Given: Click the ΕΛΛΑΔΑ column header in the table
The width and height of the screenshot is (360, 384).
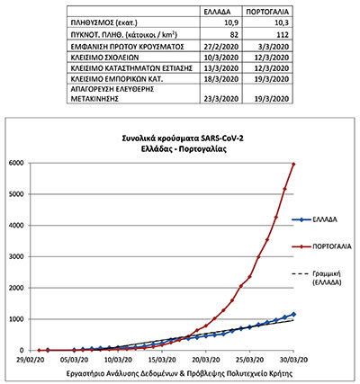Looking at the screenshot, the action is click(217, 12).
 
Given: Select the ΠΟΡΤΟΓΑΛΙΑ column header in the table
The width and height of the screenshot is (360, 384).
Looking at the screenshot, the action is click(267, 12).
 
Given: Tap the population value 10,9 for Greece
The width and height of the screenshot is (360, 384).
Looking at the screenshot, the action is click(231, 23).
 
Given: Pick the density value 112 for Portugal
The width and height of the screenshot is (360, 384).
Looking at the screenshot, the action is click(282, 35).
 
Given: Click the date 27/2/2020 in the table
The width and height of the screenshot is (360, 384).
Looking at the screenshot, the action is click(221, 47).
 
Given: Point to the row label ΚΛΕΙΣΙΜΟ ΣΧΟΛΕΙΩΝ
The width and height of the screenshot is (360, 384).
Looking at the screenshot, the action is click(104, 58).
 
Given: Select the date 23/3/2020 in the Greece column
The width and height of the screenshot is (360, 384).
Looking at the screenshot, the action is click(221, 99).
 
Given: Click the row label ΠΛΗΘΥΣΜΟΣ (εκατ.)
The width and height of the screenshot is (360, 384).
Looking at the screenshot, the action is click(104, 23).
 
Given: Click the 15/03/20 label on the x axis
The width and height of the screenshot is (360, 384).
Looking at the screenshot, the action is click(163, 359).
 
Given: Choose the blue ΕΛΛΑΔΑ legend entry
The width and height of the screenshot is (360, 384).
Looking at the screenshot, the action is click(315, 219).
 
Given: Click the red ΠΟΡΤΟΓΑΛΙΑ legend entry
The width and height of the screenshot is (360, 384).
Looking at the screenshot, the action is click(321, 246).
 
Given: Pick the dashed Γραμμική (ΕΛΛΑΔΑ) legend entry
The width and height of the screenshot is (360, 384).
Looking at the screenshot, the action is click(317, 278).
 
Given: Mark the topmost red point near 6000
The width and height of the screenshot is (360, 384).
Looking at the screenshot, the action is click(293, 164).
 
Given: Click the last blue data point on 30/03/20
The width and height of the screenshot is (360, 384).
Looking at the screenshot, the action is click(293, 314).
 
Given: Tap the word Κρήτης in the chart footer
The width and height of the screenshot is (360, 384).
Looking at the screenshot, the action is click(282, 374).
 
